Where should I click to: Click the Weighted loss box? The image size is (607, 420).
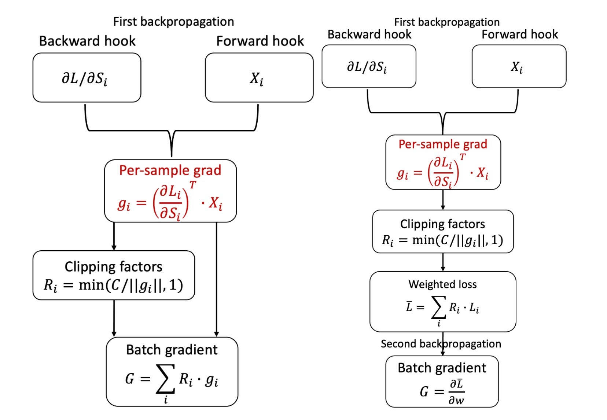click(x=442, y=301)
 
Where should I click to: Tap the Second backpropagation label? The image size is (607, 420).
click(x=441, y=344)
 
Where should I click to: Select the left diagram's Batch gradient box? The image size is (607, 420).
click(x=172, y=371)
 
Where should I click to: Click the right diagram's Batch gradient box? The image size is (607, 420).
click(x=442, y=381)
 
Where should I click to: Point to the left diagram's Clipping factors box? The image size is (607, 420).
click(x=114, y=275)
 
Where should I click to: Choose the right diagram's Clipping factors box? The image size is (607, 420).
click(x=442, y=231)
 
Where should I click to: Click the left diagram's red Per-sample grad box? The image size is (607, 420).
click(x=170, y=191)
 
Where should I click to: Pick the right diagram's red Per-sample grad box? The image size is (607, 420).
click(x=443, y=162)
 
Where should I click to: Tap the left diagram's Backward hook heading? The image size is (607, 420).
click(x=87, y=41)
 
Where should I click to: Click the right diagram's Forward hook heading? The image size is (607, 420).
click(x=519, y=34)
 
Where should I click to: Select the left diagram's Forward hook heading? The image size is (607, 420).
click(x=260, y=41)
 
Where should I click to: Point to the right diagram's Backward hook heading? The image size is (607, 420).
click(x=369, y=34)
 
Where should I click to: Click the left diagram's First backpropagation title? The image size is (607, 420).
click(x=173, y=22)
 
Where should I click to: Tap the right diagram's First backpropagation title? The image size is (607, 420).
click(x=446, y=22)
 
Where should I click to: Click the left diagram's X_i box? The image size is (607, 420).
click(x=259, y=77)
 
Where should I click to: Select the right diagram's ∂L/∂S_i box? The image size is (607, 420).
click(x=368, y=66)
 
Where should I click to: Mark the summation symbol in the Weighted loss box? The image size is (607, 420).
click(x=438, y=308)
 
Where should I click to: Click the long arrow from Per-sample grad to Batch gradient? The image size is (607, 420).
click(x=217, y=279)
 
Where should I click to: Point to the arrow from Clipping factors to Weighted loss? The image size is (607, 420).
click(x=443, y=262)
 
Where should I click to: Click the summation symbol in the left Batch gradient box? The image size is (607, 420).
click(x=165, y=379)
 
